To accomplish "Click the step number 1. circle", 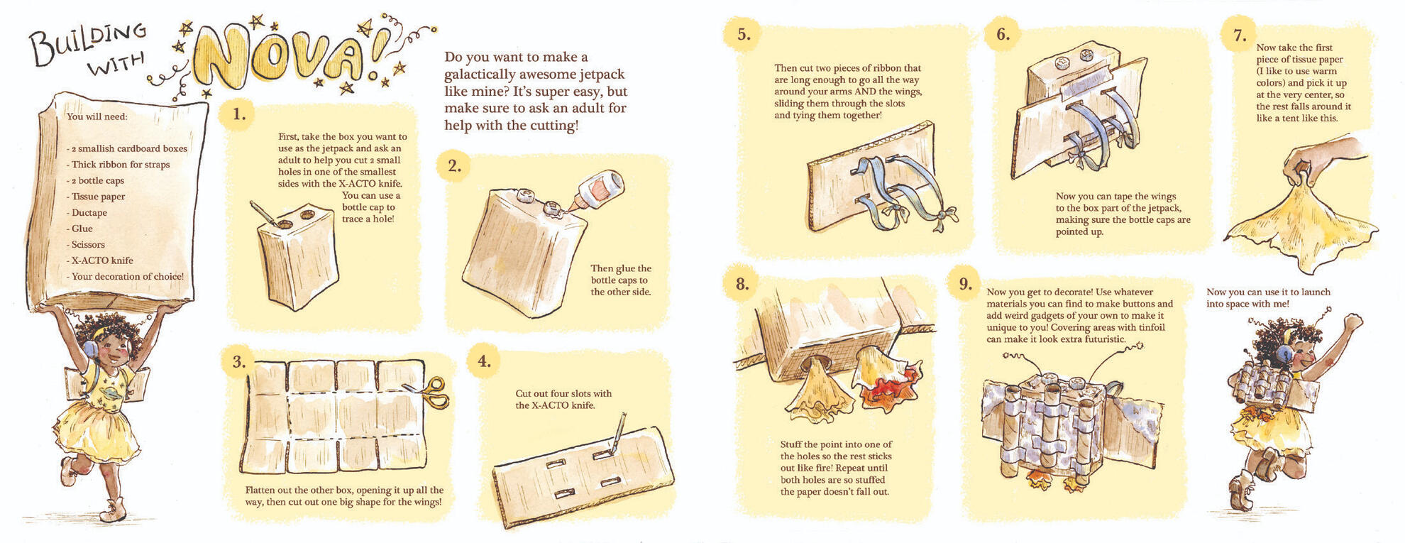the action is [239, 114].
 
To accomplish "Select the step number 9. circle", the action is [965, 284].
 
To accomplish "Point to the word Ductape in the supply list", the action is [89, 212].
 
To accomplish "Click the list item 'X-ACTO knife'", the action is [102, 260].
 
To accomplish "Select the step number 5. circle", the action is [743, 34].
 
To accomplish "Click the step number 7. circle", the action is [1240, 35].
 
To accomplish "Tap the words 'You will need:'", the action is [97, 116].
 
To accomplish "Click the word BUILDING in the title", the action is [89, 41].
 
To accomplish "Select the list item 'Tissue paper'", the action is [98, 197].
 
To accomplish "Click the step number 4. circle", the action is [484, 361].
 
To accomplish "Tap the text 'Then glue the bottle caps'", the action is [621, 274].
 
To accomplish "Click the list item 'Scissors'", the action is [88, 244].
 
